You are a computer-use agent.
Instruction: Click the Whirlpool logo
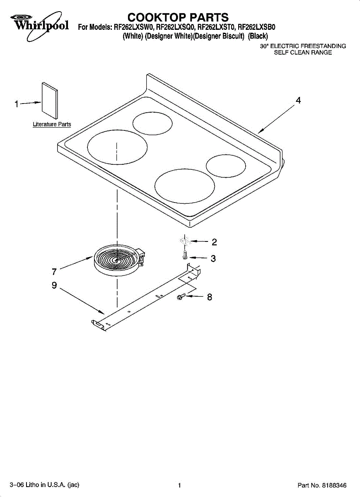click(x=39, y=26)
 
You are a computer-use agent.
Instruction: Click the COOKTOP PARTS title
click(x=178, y=17)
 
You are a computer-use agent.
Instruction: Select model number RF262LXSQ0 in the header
click(x=176, y=27)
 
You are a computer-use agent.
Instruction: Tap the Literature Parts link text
click(x=52, y=124)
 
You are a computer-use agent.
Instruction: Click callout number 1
click(x=17, y=104)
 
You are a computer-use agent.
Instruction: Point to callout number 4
click(x=298, y=101)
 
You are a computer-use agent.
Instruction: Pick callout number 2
click(x=214, y=242)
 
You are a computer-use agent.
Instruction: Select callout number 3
click(x=213, y=258)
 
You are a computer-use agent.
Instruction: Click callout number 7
click(x=54, y=272)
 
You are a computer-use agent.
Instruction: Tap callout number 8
click(x=210, y=297)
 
